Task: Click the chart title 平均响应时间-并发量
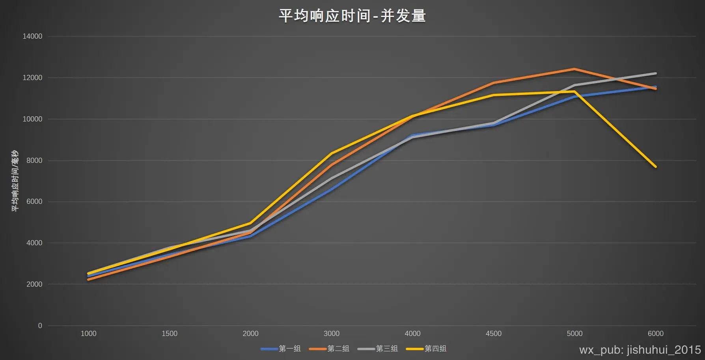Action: tap(352, 16)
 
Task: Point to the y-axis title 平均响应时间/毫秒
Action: tap(15, 181)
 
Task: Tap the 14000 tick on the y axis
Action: tap(32, 36)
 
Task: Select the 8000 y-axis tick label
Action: tap(34, 160)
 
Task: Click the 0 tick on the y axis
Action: tap(40, 326)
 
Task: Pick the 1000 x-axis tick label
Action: tap(88, 334)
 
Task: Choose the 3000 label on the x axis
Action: tap(332, 334)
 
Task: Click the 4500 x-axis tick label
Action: tap(494, 334)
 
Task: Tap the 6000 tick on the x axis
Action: tap(656, 334)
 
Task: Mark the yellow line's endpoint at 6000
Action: tap(656, 167)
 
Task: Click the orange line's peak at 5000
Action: tap(574, 69)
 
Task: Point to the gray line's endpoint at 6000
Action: tap(656, 73)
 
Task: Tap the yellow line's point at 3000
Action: tap(332, 153)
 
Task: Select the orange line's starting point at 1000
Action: tap(88, 280)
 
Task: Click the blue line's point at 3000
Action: tap(332, 189)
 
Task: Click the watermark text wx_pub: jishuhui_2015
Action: tap(640, 350)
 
